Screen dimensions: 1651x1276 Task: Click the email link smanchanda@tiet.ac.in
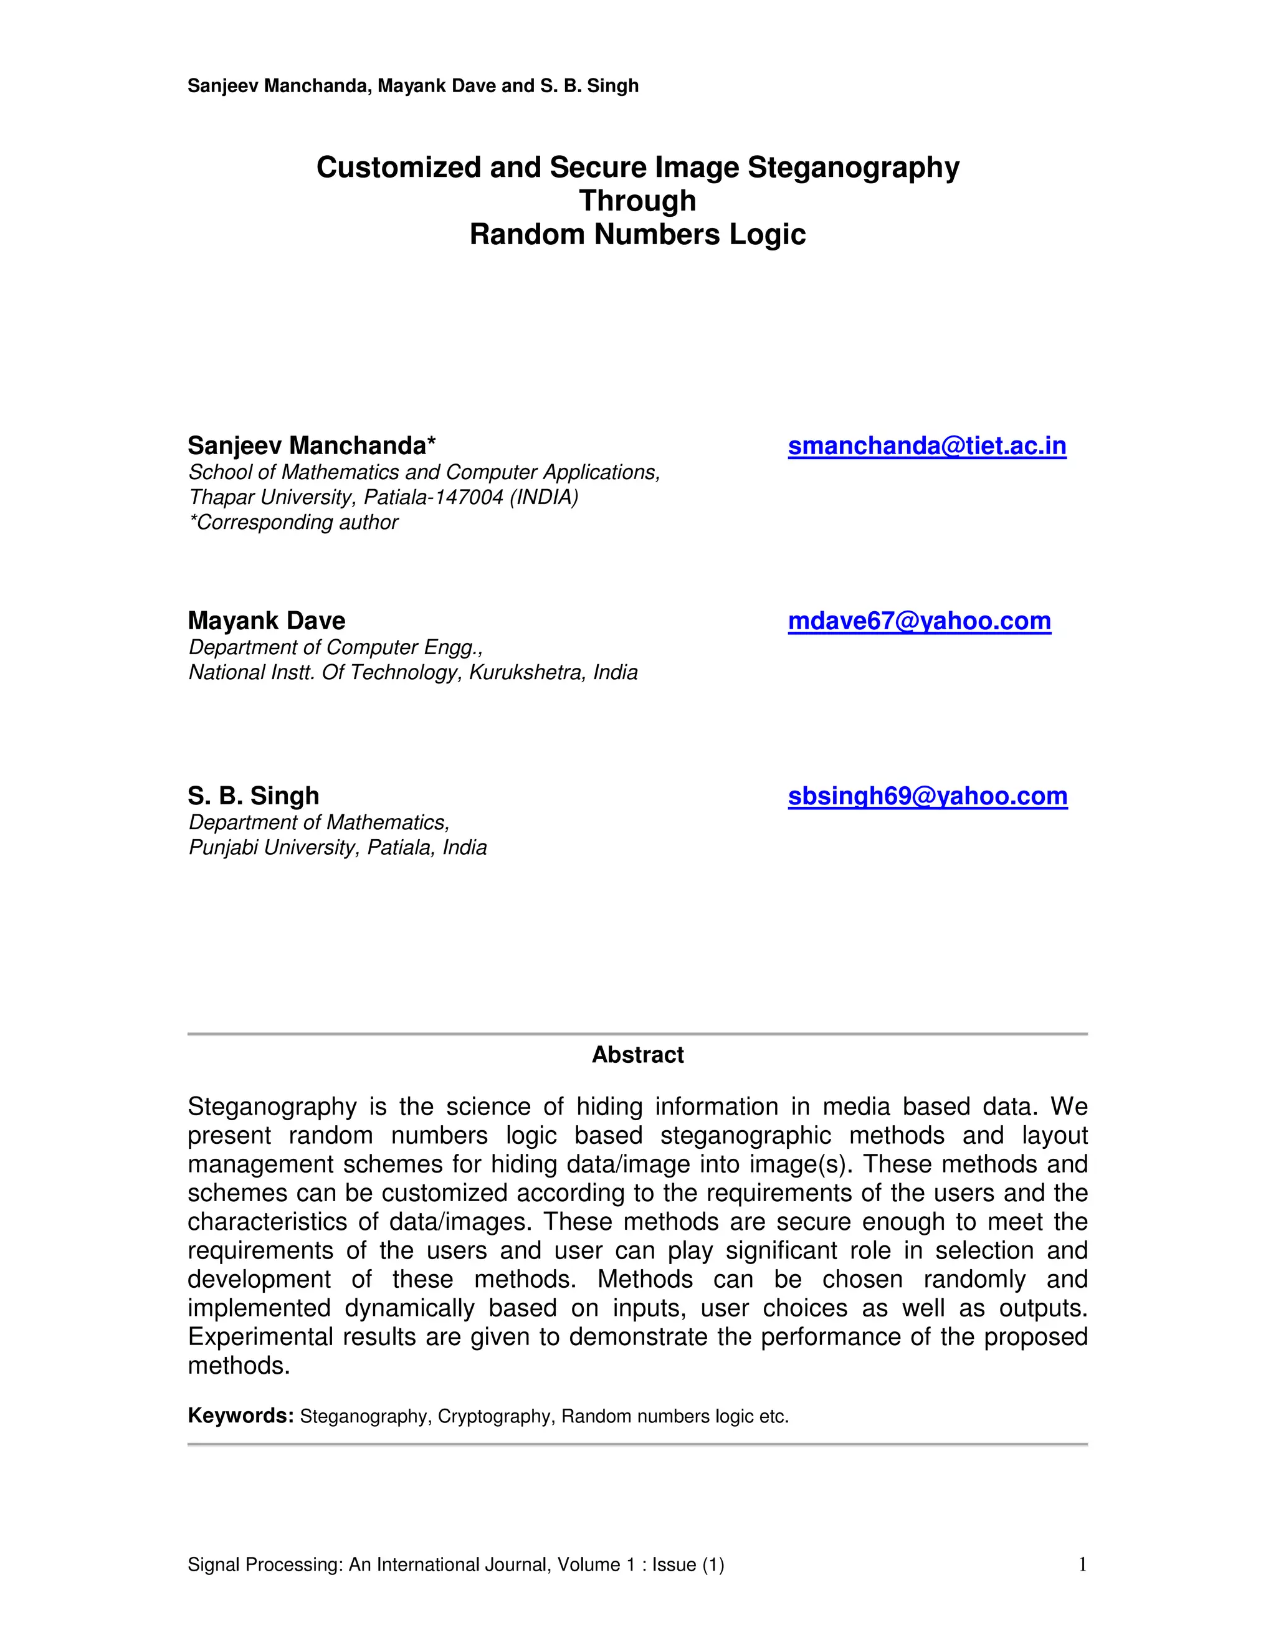coord(926,446)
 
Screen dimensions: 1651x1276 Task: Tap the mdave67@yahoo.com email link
coord(919,621)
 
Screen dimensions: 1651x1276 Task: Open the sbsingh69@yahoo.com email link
coord(928,796)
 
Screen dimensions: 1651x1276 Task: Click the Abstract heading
coord(637,1055)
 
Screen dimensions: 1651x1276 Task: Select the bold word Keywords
coord(240,1415)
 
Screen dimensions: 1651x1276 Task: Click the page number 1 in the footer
coord(1082,1564)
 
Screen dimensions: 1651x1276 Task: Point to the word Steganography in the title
coord(854,167)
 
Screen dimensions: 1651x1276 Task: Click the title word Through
coord(637,201)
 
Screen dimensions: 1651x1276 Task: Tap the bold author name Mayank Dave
coord(266,621)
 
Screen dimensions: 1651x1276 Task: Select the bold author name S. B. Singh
coord(253,796)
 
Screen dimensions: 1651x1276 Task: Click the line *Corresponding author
coord(293,522)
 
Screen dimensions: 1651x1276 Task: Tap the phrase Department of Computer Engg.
coord(335,647)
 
